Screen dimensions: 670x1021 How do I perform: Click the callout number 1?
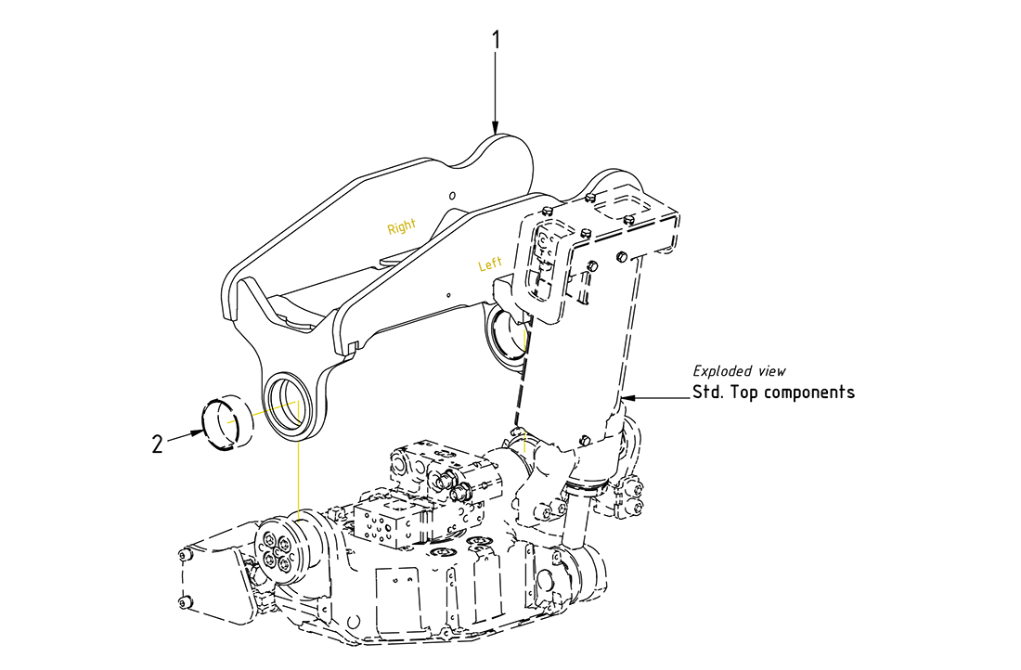tap(497, 40)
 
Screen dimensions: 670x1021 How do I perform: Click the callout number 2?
tap(157, 444)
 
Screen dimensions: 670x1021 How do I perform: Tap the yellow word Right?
tap(401, 226)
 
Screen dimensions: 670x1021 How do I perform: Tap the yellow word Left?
tap(490, 264)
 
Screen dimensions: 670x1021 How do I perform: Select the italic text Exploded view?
tap(739, 371)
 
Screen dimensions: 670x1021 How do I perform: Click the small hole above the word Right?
tap(451, 197)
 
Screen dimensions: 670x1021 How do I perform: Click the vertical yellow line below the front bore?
tap(299, 473)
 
